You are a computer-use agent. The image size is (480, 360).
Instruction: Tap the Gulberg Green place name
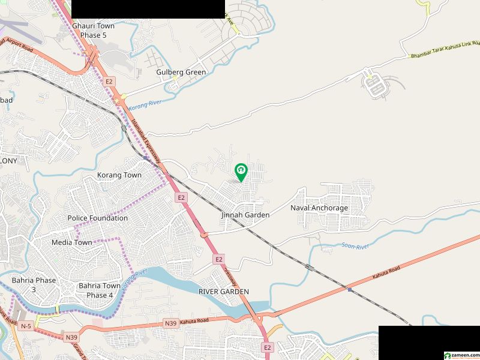[x=181, y=72]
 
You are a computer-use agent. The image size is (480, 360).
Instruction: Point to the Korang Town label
[x=119, y=175]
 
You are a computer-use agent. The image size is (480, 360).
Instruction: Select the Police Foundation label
[x=97, y=218]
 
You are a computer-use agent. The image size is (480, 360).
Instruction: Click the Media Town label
[x=72, y=242]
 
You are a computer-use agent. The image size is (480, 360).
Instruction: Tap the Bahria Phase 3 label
[x=34, y=285]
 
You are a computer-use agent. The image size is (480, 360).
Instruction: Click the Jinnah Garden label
[x=245, y=215]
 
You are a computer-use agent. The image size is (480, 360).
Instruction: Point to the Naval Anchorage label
[x=319, y=208]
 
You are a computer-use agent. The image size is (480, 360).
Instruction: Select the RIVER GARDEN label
[x=224, y=292]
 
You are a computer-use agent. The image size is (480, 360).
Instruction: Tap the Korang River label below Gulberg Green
[x=145, y=104]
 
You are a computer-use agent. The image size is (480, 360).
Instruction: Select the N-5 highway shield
[x=25, y=326]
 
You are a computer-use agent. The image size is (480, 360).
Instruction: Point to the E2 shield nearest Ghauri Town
[x=109, y=81]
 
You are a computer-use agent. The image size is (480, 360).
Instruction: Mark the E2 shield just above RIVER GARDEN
[x=219, y=259]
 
